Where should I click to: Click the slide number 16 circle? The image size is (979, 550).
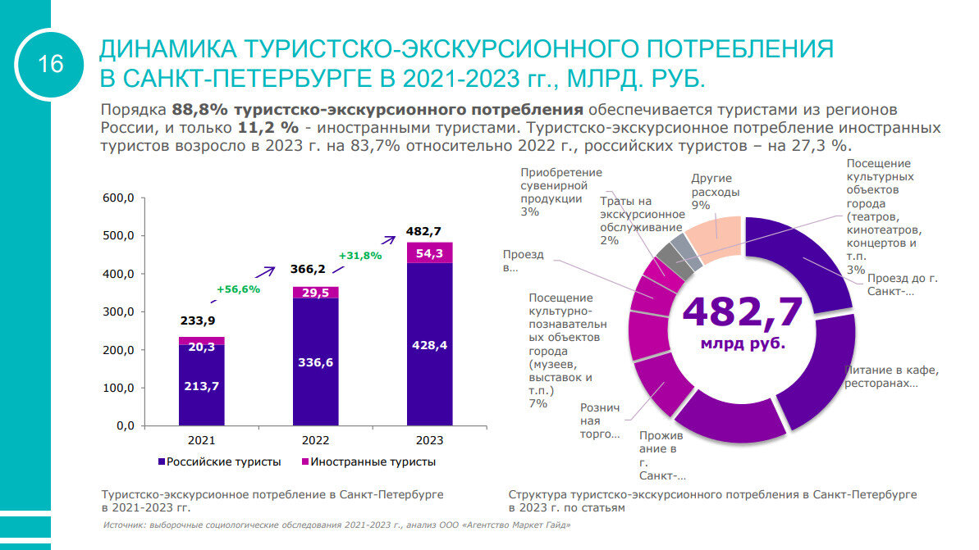click(x=51, y=63)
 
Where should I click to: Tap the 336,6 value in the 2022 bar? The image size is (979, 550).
click(x=315, y=362)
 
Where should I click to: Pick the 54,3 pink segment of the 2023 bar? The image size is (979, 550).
click(x=429, y=253)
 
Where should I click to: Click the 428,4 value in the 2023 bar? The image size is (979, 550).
click(x=429, y=345)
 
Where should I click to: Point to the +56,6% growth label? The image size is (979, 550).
click(x=238, y=289)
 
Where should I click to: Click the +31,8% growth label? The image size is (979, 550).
click(x=359, y=255)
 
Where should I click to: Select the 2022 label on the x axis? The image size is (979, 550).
click(x=315, y=441)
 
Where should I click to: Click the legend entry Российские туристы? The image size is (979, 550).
click(x=219, y=462)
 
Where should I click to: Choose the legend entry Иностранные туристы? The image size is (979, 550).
click(x=371, y=462)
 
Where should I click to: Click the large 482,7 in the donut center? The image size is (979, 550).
click(x=742, y=311)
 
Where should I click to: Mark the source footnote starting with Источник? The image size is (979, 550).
click(x=336, y=525)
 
